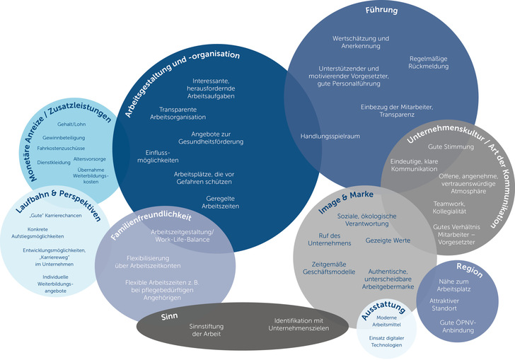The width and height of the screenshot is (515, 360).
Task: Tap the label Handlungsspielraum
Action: coord(330,135)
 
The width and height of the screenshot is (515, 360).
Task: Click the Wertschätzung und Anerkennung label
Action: coord(361,42)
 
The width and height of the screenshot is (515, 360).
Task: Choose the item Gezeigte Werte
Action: coord(388,240)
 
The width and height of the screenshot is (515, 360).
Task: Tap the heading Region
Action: coord(469,269)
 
